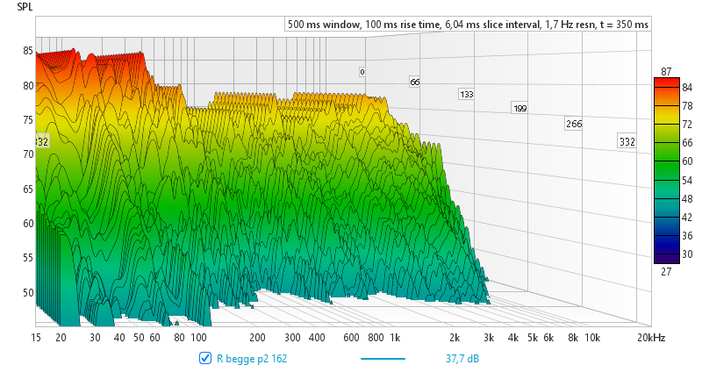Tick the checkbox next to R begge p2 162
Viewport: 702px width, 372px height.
pyautogui.click(x=205, y=358)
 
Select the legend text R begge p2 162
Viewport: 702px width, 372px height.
pyautogui.click(x=252, y=358)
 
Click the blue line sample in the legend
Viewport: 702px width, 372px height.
pyautogui.click(x=383, y=358)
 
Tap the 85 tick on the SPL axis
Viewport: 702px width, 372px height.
pyautogui.click(x=28, y=51)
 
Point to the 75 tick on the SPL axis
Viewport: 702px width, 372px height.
pyautogui.click(x=28, y=120)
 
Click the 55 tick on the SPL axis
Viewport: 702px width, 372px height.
pyautogui.click(x=28, y=258)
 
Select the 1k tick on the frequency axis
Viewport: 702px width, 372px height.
pyautogui.click(x=395, y=337)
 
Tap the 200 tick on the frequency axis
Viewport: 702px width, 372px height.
pyautogui.click(x=258, y=337)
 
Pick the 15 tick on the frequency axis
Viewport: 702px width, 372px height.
pyautogui.click(x=37, y=337)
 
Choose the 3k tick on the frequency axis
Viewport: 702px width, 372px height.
pyautogui.click(x=489, y=337)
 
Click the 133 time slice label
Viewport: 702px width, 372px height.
pyautogui.click(x=467, y=95)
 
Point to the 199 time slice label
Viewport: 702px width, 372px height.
pyautogui.click(x=520, y=109)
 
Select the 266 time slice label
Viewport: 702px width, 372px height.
pyautogui.click(x=574, y=124)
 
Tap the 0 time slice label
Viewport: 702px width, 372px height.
pyautogui.click(x=362, y=71)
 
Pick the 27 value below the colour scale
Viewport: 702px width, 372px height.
pyautogui.click(x=666, y=272)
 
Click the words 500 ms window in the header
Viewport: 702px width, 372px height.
pyautogui.click(x=323, y=25)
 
